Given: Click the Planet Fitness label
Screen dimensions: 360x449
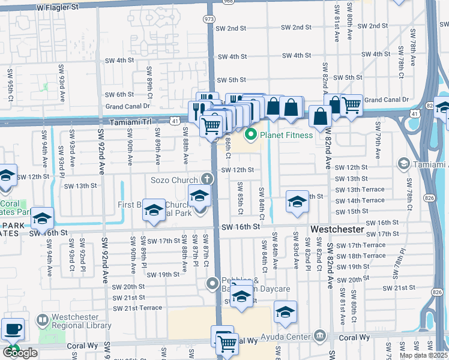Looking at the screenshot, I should pos(286,135).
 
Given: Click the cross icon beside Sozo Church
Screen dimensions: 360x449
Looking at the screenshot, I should pos(208,179).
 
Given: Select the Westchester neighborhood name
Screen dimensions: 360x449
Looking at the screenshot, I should pos(338,229).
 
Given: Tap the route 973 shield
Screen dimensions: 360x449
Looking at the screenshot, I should pos(209,19).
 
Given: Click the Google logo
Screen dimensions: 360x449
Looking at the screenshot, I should pos(20,353).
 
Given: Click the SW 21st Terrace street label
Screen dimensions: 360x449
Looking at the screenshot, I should pos(134,308).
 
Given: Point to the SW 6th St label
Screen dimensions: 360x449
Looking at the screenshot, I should pos(119,95).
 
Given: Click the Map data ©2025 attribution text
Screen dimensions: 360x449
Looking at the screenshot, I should pos(423,355).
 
